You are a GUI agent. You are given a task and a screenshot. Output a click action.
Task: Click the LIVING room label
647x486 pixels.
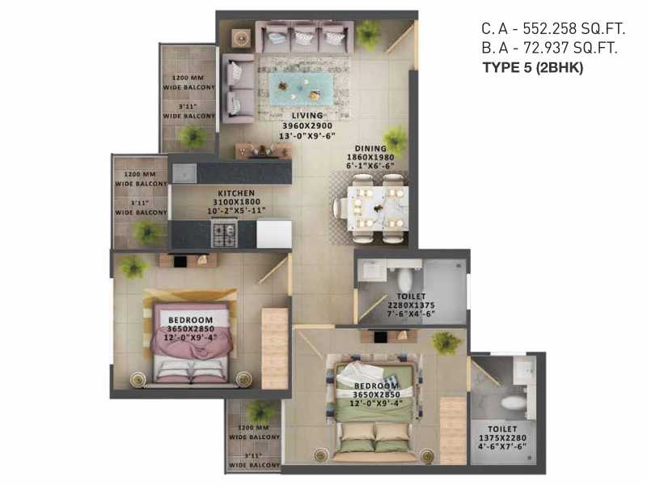[x=307, y=116]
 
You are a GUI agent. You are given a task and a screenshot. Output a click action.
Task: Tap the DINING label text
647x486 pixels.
[x=370, y=148]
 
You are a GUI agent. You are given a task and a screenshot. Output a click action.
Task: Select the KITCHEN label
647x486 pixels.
[x=236, y=193]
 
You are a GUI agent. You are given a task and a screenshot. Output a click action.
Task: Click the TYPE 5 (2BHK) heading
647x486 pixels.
[x=533, y=67]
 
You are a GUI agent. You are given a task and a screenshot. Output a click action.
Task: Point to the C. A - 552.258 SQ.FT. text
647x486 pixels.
[x=553, y=28]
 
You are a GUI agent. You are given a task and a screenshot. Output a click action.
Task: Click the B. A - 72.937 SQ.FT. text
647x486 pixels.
[x=549, y=48]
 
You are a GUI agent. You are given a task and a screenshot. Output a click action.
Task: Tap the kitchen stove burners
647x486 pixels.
[x=224, y=234]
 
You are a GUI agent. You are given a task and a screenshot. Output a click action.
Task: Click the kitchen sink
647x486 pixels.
[x=184, y=173]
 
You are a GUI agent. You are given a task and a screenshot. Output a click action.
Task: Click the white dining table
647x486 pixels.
[x=378, y=208]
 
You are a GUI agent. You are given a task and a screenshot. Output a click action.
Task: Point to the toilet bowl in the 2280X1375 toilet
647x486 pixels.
[x=404, y=278]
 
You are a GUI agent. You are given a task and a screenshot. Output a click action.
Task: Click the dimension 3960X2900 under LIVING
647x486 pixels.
[x=307, y=126]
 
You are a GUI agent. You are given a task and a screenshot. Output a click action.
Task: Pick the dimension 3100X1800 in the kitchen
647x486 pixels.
[x=236, y=202]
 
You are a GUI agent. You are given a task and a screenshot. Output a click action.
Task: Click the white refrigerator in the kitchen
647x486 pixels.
[x=274, y=234]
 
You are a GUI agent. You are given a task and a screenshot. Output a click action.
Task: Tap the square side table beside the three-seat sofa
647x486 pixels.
[x=241, y=39]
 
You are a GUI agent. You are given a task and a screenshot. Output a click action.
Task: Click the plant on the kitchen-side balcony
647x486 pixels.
[x=146, y=232]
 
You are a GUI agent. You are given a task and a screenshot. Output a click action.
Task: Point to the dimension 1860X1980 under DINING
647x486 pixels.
[x=370, y=157]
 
